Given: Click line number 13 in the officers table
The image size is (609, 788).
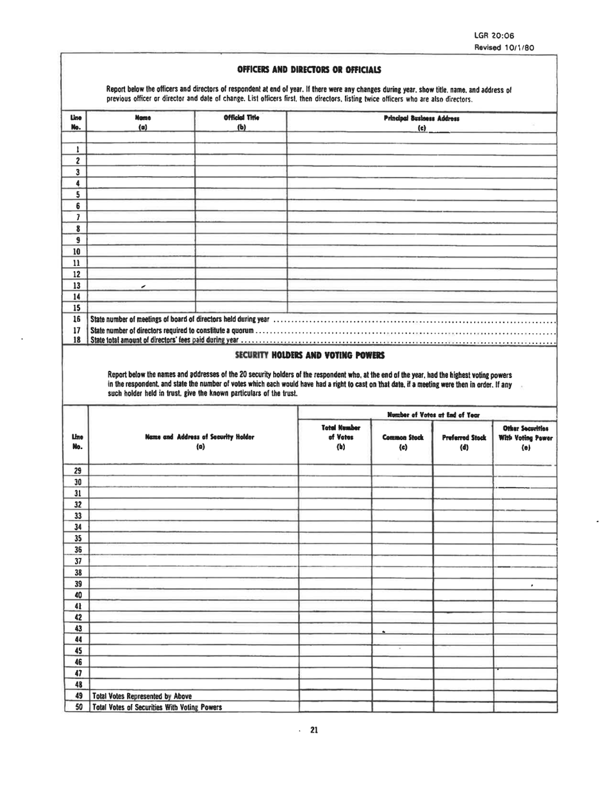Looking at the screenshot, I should pos(76,284).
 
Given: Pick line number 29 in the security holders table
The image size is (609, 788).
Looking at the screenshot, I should pos(76,470).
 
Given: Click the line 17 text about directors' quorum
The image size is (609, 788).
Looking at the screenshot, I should pos(173,330).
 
